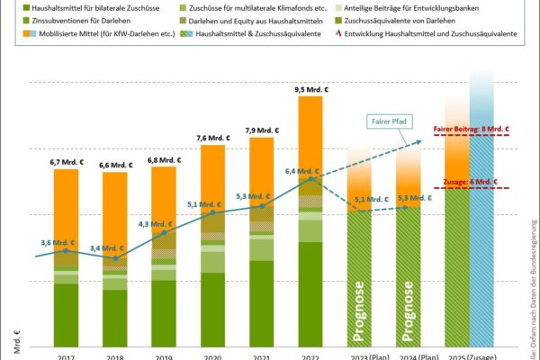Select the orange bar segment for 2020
coord(213,175)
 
